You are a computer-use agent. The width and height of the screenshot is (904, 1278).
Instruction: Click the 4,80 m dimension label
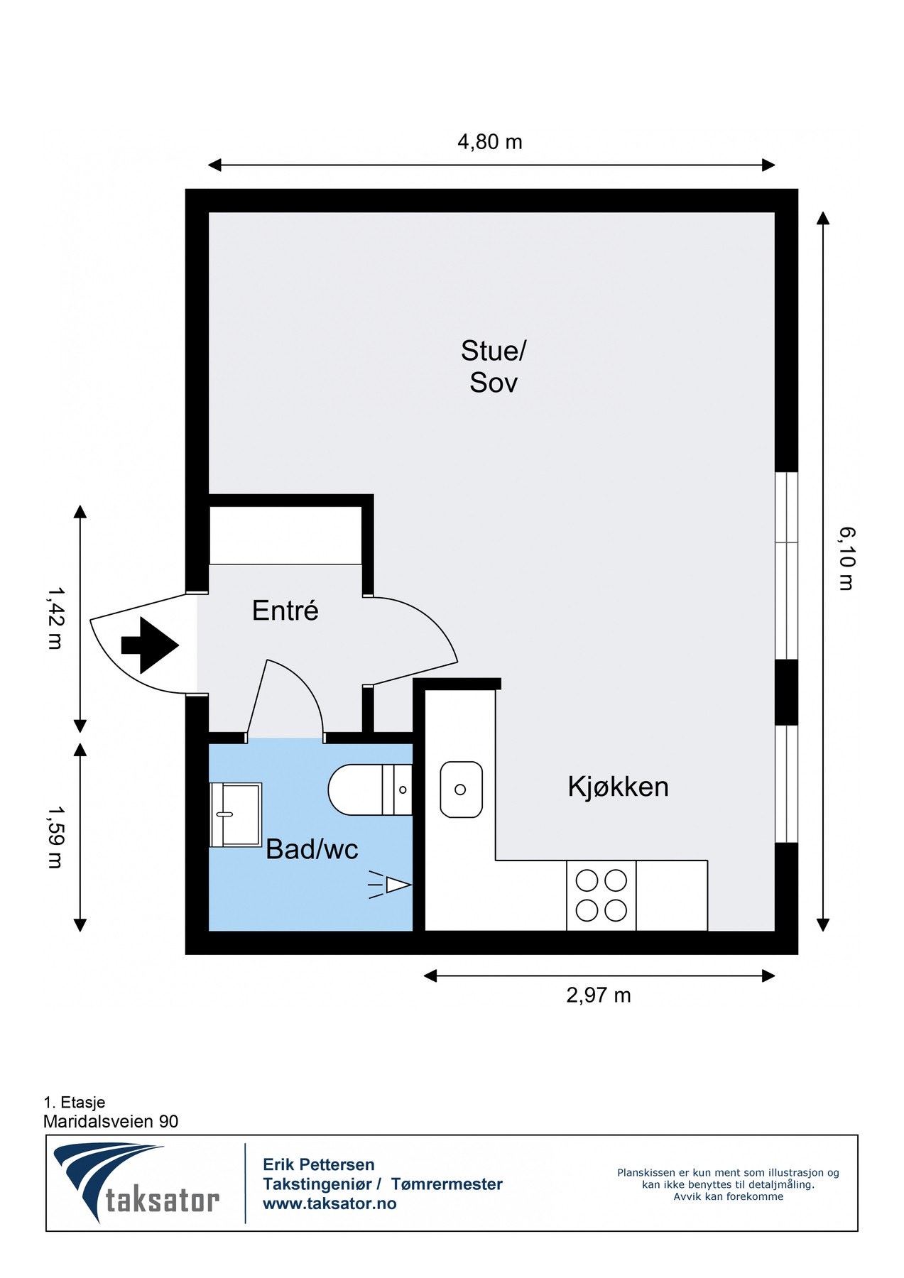pos(490,142)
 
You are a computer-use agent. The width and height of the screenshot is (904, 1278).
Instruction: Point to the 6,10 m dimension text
pos(846,558)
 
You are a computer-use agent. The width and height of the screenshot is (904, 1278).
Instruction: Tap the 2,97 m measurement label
pos(599,995)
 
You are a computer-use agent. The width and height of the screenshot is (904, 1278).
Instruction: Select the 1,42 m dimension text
pos(55,617)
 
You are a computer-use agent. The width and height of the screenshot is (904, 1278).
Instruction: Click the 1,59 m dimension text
pos(55,837)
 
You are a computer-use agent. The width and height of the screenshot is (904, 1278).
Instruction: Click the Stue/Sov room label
pos(494,366)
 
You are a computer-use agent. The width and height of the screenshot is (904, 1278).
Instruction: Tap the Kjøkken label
pos(618,787)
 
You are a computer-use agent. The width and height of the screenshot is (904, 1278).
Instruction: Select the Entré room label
pos(285,611)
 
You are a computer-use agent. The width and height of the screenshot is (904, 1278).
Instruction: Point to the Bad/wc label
pos(312,849)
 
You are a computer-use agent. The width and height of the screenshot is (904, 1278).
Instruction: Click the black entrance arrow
pos(150,645)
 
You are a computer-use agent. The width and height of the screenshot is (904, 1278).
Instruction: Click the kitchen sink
pos(461,790)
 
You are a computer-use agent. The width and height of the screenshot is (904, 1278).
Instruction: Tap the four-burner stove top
pos(601,895)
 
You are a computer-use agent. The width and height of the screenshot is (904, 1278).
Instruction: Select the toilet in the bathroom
pos(369,790)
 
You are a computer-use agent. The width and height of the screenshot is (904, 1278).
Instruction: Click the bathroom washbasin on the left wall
pos(236,815)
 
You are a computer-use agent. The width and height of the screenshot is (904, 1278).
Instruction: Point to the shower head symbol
pos(390,885)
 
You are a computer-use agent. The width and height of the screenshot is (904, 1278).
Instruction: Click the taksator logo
pos(136,1184)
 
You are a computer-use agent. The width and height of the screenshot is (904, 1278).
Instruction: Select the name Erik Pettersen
pos(319,1164)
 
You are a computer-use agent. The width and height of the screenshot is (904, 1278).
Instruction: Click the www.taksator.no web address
pos(330,1203)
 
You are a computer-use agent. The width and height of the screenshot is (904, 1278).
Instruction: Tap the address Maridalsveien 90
pos(111,1121)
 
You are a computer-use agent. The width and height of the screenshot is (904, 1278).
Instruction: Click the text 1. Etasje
pos(75,1102)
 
